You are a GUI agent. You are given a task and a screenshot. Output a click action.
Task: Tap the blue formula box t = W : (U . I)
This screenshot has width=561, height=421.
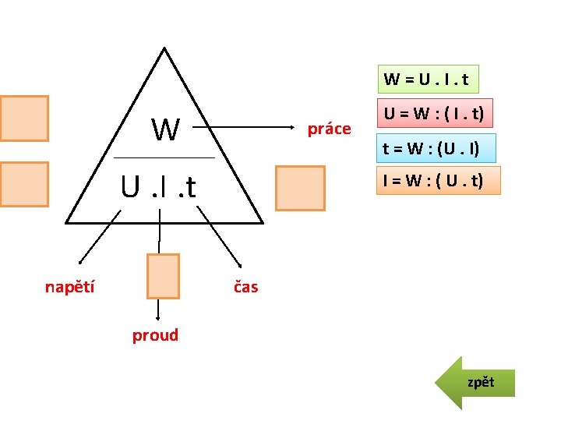[x=430, y=147]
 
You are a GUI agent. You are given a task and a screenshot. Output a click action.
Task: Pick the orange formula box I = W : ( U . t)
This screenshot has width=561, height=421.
[x=437, y=181]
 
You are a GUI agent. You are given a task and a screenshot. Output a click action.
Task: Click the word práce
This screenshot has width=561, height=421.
[x=329, y=129]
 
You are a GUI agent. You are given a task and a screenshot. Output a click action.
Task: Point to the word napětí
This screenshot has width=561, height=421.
[x=70, y=287]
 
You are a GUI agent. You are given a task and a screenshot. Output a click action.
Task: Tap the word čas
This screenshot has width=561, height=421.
[x=246, y=287]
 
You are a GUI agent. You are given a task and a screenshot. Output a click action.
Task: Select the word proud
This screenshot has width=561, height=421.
[x=155, y=335]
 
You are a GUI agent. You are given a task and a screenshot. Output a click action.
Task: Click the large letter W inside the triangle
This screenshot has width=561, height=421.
[x=165, y=129]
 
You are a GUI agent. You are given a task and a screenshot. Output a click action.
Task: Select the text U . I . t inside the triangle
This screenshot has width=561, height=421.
[x=157, y=187]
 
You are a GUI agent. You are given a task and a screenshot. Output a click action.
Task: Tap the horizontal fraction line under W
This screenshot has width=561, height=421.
[x=164, y=158]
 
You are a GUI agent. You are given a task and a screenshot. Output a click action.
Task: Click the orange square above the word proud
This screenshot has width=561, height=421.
[x=163, y=276]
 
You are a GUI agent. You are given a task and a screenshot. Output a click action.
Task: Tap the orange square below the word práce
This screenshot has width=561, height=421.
[x=300, y=188]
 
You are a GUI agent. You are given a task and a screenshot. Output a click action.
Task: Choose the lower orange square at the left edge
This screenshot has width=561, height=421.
[x=24, y=185]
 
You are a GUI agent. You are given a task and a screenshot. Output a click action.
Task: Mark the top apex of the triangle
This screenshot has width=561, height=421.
[x=164, y=49]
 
